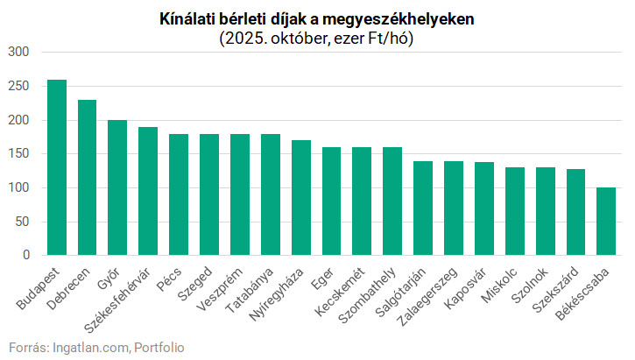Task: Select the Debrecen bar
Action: [x=88, y=178]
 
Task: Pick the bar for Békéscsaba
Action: [x=606, y=221]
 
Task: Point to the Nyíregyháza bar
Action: [x=301, y=197]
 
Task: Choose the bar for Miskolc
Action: [x=515, y=211]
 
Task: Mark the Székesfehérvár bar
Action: [x=148, y=191]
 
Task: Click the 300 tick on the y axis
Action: [x=19, y=53]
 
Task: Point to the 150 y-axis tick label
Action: [x=19, y=154]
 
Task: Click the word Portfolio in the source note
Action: [x=159, y=347]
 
